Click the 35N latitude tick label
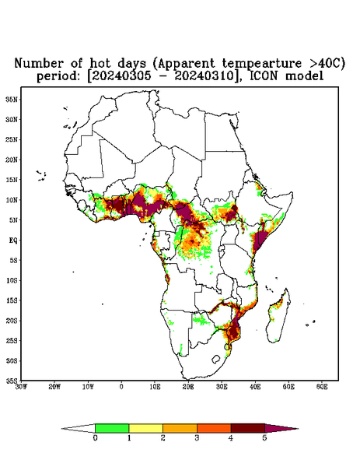[12, 99]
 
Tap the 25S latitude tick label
[12, 340]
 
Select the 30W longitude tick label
[21, 387]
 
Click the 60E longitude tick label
[322, 387]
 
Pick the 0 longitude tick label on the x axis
[121, 387]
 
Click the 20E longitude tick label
[188, 387]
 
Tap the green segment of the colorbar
[112, 428]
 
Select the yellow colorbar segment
[145, 428]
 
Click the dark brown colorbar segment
[248, 428]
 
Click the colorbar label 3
[197, 438]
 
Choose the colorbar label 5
[265, 438]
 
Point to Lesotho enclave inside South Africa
[216, 359]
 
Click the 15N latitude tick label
[12, 180]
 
